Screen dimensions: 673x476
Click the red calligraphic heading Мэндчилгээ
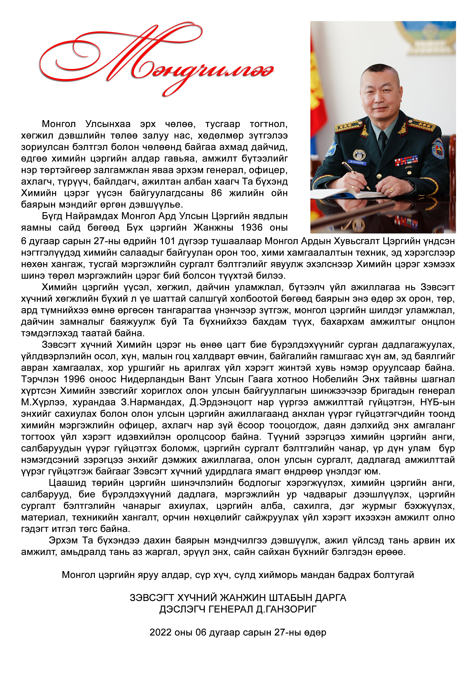click(x=155, y=62)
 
